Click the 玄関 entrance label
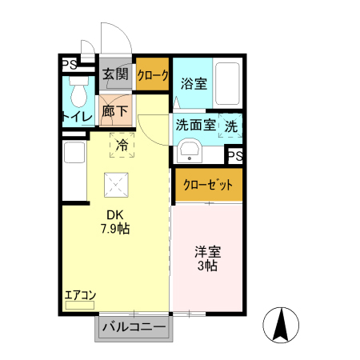pyautogui.click(x=115, y=74)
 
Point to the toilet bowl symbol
pyautogui.click(x=79, y=94)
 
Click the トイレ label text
pyautogui.click(x=78, y=118)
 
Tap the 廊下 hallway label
pyautogui.click(x=115, y=112)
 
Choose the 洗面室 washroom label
pyautogui.click(x=195, y=125)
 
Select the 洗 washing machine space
pyautogui.click(x=231, y=126)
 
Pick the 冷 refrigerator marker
pyautogui.click(x=122, y=146)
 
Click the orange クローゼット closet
pyautogui.click(x=208, y=185)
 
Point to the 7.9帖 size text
pyautogui.click(x=114, y=229)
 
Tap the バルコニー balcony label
pyautogui.click(x=134, y=327)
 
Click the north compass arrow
pyautogui.click(x=281, y=323)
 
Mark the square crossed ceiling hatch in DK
pyautogui.click(x=118, y=186)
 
